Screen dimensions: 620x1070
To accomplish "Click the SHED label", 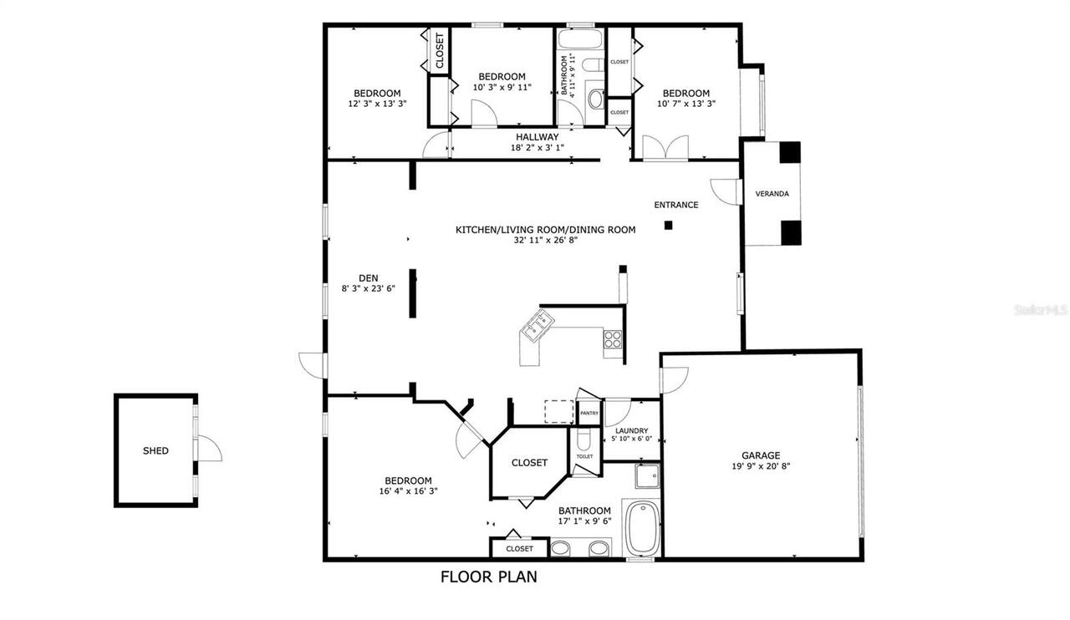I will (155, 450).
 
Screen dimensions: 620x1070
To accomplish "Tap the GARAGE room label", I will (761, 455).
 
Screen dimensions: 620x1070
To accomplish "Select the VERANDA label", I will (772, 194).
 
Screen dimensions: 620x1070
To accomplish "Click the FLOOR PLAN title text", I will (488, 576).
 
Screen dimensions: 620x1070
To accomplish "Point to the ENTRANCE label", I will (676, 205).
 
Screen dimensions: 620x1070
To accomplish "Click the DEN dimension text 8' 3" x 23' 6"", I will (368, 288).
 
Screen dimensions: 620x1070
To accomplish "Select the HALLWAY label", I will (537, 137).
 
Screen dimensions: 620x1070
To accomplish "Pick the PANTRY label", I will (588, 413).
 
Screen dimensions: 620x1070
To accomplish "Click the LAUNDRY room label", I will (632, 431).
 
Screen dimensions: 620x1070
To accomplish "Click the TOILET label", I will (584, 456).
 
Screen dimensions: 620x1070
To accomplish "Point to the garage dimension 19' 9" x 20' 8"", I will (761, 466).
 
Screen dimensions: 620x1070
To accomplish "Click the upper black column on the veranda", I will (790, 152).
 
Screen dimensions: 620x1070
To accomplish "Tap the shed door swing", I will (210, 450).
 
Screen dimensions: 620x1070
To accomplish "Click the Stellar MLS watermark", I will (1040, 309).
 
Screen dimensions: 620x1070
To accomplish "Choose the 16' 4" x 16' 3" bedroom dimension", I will (408, 491).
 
